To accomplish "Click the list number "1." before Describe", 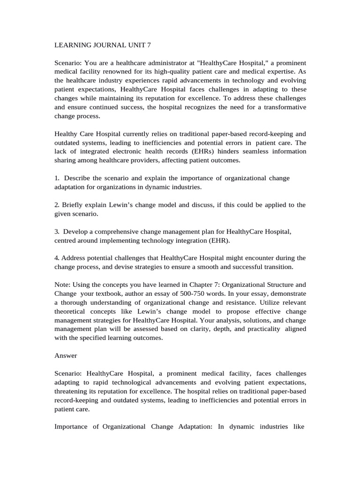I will (57, 178).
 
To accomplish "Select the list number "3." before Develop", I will (57, 232).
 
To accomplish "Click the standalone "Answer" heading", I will (66, 356).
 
